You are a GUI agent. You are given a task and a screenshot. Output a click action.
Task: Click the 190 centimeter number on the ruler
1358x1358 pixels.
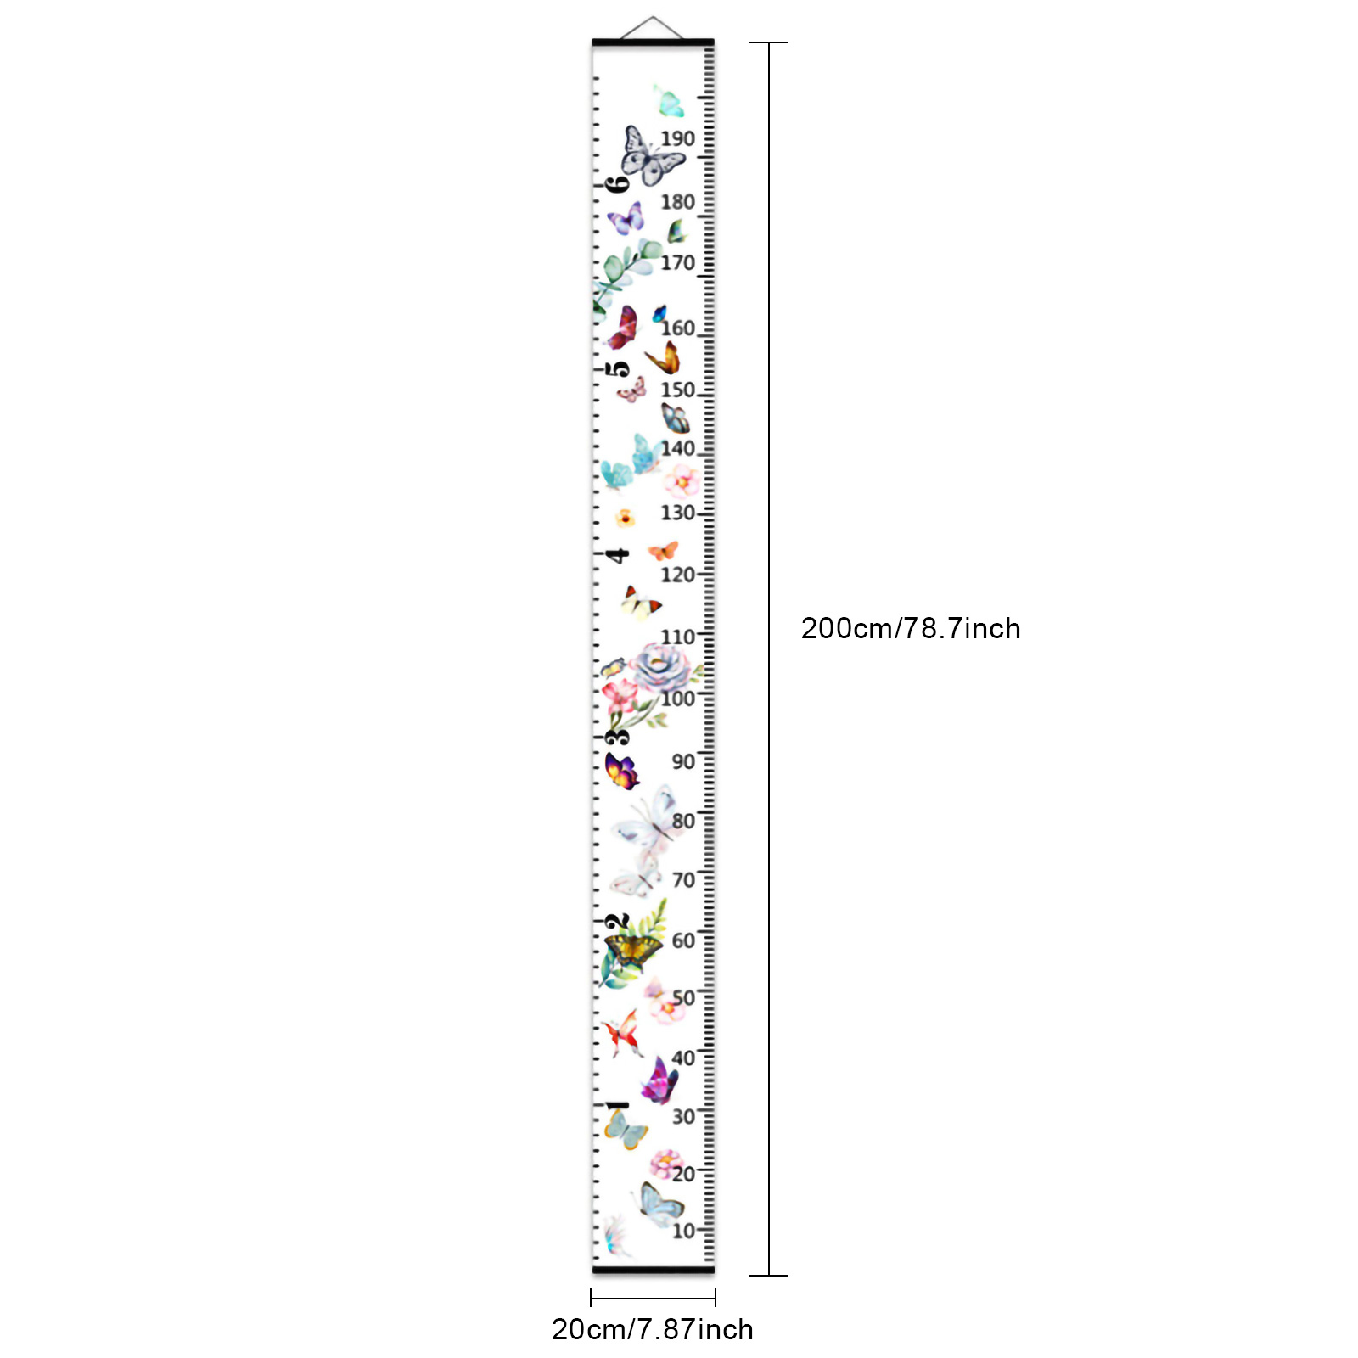click(x=677, y=138)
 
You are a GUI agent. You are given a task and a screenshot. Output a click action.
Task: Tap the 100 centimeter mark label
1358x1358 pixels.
click(x=678, y=699)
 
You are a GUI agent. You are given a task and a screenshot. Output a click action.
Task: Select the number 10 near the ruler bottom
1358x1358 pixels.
click(x=683, y=1231)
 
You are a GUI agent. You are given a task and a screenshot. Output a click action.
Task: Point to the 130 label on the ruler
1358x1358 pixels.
click(x=677, y=513)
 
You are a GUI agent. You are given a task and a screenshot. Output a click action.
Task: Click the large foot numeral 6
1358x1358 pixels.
click(x=618, y=183)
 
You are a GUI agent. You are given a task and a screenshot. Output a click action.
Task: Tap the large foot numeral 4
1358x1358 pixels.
click(x=618, y=555)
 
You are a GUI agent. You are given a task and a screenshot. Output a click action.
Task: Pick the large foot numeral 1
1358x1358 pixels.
click(x=617, y=1105)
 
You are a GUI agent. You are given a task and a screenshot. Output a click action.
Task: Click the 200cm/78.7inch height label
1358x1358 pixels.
click(x=911, y=629)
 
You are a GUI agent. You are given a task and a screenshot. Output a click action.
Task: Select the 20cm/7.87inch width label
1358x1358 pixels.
click(x=653, y=1329)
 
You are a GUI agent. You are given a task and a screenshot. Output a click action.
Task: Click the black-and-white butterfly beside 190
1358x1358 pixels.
click(x=650, y=157)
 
